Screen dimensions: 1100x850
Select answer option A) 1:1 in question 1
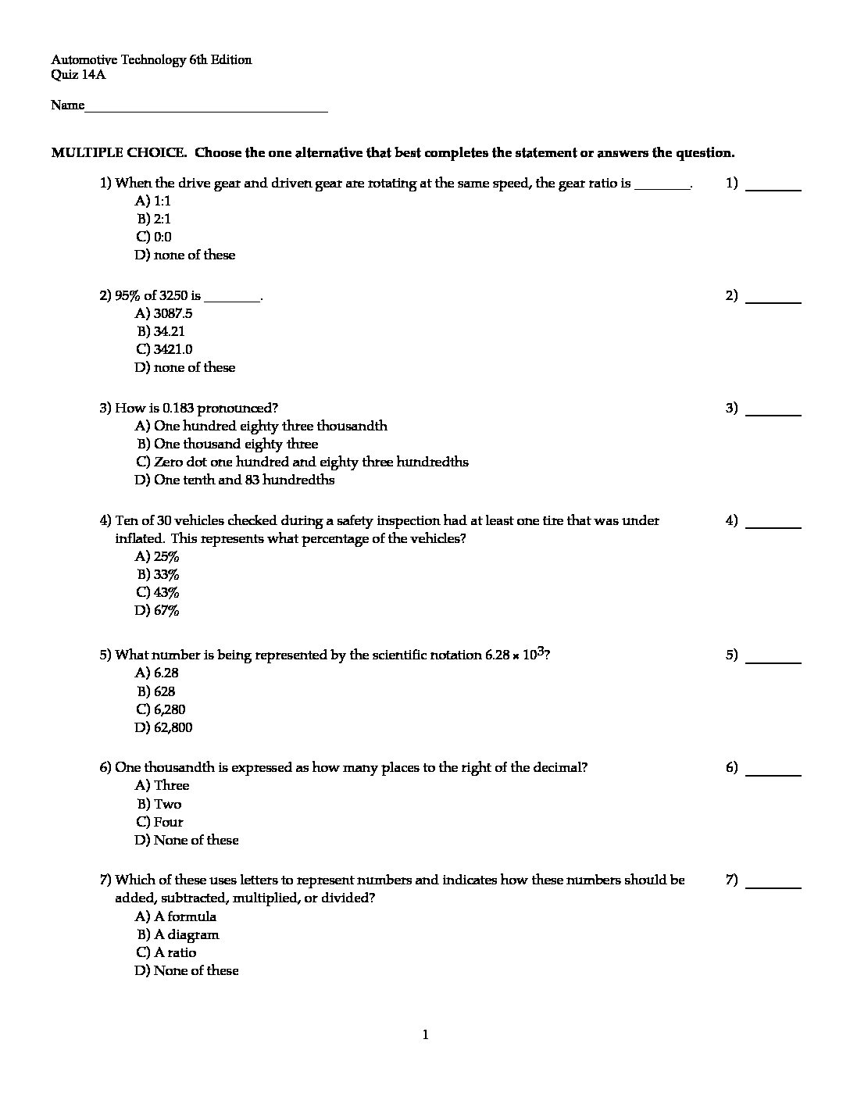click(153, 202)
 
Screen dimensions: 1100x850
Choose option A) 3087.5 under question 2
click(163, 313)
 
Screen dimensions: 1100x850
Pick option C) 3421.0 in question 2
click(164, 349)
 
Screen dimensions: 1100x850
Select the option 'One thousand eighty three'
click(227, 444)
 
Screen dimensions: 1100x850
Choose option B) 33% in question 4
click(159, 575)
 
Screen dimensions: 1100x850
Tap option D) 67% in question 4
click(157, 611)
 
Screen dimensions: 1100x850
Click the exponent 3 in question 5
click(540, 650)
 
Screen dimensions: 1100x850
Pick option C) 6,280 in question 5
click(161, 709)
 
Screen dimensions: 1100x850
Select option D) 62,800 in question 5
click(163, 727)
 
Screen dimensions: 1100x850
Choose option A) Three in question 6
click(162, 785)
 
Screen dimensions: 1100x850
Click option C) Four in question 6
click(159, 822)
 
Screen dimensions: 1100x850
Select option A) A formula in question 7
click(176, 916)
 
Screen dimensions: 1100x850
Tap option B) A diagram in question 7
click(178, 934)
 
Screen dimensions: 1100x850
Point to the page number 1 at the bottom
click(425, 1035)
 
